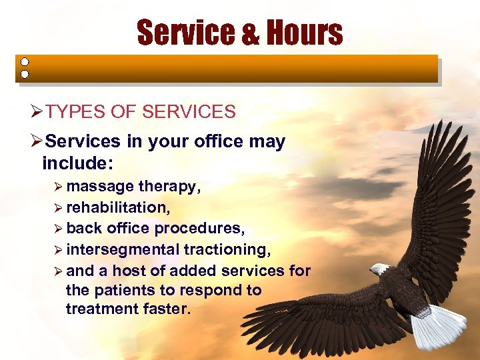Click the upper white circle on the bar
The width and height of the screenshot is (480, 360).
(x=25, y=61)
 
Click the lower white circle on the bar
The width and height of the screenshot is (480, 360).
(x=25, y=74)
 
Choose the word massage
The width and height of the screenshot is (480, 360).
(x=100, y=187)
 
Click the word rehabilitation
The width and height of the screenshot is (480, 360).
(x=117, y=207)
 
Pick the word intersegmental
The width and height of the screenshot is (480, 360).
(x=123, y=250)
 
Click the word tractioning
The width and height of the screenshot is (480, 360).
(x=227, y=250)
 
